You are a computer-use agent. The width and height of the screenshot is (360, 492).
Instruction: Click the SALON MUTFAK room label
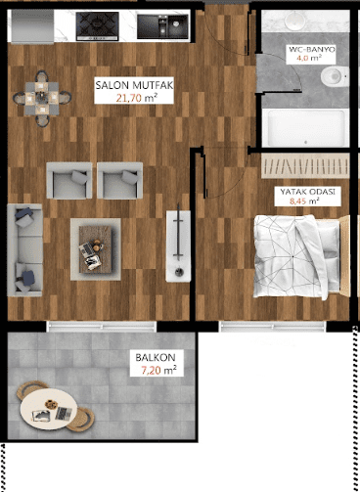[134, 85]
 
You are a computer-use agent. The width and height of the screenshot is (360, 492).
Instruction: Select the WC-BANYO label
[312, 50]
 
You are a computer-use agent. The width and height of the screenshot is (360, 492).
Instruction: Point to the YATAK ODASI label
[308, 192]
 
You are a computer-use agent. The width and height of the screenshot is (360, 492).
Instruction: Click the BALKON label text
[156, 357]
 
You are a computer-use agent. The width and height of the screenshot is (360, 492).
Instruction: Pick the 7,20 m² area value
[158, 370]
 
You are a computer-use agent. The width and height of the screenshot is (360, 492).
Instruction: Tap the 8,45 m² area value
[304, 201]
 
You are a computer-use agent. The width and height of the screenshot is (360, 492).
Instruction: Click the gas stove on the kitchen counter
[98, 26]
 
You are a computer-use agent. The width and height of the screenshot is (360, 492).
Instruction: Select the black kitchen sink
[162, 26]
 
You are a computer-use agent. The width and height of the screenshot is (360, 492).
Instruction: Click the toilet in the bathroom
[335, 76]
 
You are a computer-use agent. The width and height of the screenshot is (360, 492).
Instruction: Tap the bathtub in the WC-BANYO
[305, 128]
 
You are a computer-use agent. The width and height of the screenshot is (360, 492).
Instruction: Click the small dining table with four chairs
[42, 98]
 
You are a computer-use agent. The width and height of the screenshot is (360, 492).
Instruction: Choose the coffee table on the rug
[96, 248]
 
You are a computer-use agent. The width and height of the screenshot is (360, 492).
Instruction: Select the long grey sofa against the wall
[24, 250]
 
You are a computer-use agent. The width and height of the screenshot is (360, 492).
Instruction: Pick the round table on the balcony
[49, 409]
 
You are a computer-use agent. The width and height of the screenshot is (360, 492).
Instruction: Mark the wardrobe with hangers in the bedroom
[305, 166]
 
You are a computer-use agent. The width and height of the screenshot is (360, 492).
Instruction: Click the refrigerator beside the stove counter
[32, 26]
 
